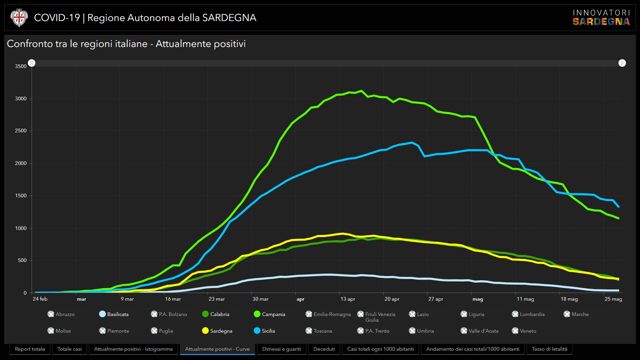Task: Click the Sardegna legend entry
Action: click(217, 331)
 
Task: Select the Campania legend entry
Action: click(270, 314)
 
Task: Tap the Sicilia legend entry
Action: click(264, 331)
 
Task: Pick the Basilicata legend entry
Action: click(114, 314)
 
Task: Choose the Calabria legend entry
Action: click(216, 314)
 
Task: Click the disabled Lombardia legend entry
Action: click(528, 314)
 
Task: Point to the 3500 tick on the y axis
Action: click(21, 66)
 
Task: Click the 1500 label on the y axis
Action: click(21, 196)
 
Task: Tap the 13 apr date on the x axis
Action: click(348, 299)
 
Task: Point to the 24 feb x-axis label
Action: click(40, 299)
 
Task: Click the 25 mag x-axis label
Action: click(613, 299)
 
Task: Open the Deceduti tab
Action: click(324, 349)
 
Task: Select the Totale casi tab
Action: click(69, 349)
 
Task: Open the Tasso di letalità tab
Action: click(549, 349)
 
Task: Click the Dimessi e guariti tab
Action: click(281, 349)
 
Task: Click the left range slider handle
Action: click(32, 63)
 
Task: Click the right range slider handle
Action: click(622, 63)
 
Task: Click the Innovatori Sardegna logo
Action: click(601, 18)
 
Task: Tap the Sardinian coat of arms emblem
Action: click(19, 18)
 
